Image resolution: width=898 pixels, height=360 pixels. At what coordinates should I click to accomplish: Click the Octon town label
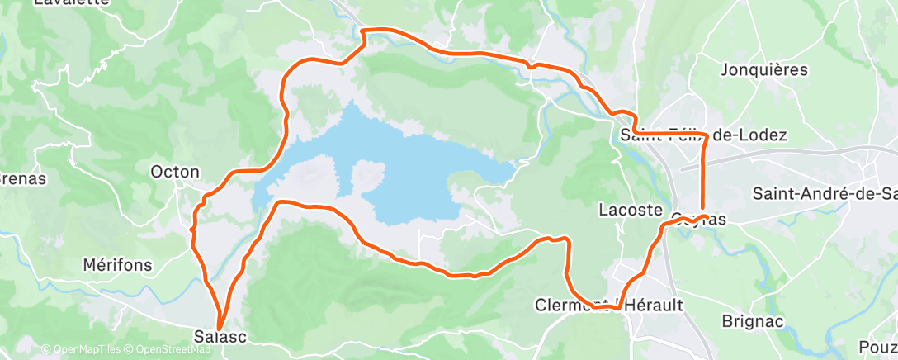(x=174, y=173)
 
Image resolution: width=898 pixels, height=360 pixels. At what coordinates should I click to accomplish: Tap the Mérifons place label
(x=117, y=265)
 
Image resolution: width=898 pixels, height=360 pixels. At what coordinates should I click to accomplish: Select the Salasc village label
(x=220, y=337)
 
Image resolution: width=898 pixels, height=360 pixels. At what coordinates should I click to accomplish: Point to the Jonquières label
(x=763, y=70)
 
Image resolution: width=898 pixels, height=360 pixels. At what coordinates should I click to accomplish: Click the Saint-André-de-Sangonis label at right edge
(x=824, y=194)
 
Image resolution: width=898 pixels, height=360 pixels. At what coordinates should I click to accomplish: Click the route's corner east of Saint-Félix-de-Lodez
(x=704, y=135)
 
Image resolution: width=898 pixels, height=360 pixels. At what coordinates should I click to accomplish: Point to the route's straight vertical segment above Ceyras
(x=702, y=173)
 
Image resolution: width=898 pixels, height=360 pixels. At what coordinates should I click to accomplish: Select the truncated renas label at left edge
(x=21, y=178)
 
